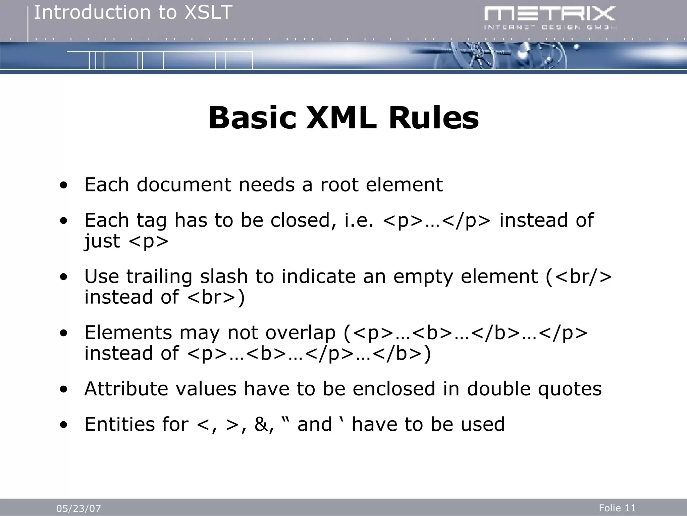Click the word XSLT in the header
click(209, 13)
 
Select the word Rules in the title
click(433, 118)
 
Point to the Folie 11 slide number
click(617, 508)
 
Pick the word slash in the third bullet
click(223, 276)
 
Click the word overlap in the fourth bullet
click(300, 333)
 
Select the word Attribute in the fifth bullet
click(126, 389)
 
